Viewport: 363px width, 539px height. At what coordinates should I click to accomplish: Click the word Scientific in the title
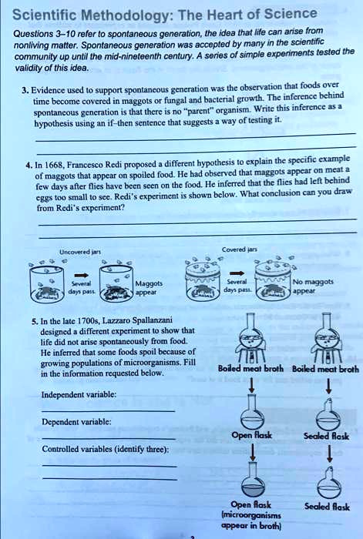coord(43,15)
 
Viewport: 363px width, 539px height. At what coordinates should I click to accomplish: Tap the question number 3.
coord(25,91)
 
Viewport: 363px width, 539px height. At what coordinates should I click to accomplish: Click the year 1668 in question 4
coord(52,165)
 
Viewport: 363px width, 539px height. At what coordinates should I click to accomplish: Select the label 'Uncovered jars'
coord(80,252)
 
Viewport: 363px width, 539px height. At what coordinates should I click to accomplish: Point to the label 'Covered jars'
coord(239,249)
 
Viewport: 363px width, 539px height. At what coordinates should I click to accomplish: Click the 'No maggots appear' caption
coord(312,286)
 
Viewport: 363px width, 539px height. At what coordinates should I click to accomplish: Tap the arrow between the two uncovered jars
coord(81,275)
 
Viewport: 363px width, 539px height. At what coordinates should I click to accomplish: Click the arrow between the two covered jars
coord(237,273)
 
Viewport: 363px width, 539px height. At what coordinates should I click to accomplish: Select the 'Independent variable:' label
coord(79,394)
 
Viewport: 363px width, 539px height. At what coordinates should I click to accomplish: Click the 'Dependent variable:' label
coord(76,422)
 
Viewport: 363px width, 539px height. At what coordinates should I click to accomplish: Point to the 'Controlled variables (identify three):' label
coord(106,449)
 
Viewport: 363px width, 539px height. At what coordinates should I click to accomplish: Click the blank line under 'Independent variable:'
coord(109,410)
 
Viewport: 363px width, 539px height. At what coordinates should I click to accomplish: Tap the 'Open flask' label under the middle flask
coord(251,436)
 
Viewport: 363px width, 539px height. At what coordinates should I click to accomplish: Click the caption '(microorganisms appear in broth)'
coord(251,521)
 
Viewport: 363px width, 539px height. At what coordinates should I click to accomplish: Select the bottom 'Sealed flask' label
coord(327,507)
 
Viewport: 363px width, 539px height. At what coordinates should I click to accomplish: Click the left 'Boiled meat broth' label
coord(250,369)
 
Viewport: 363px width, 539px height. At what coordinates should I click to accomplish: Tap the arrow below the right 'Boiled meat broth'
coord(328,385)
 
